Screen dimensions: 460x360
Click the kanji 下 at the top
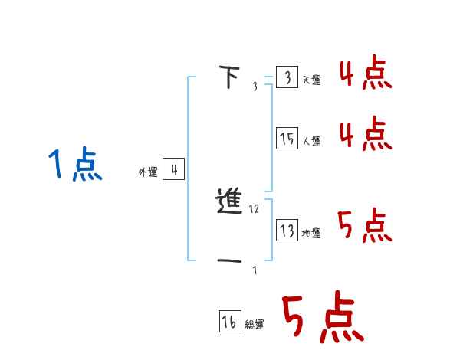[228, 77]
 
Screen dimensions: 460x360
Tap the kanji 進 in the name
[231, 203]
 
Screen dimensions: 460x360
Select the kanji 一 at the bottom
[231, 262]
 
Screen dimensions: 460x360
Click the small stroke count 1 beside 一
[255, 270]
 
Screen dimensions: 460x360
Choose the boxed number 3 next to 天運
[287, 78]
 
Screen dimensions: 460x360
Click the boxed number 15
[287, 139]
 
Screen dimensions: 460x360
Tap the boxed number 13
[287, 231]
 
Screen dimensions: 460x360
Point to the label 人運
[311, 141]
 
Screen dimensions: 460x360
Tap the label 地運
[311, 233]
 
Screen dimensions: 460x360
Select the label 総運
[255, 325]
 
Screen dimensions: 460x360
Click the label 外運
[148, 172]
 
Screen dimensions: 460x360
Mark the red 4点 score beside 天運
[366, 74]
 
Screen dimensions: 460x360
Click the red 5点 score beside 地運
[366, 226]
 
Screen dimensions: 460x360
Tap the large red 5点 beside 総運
[321, 318]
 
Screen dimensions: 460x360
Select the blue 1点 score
[74, 165]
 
